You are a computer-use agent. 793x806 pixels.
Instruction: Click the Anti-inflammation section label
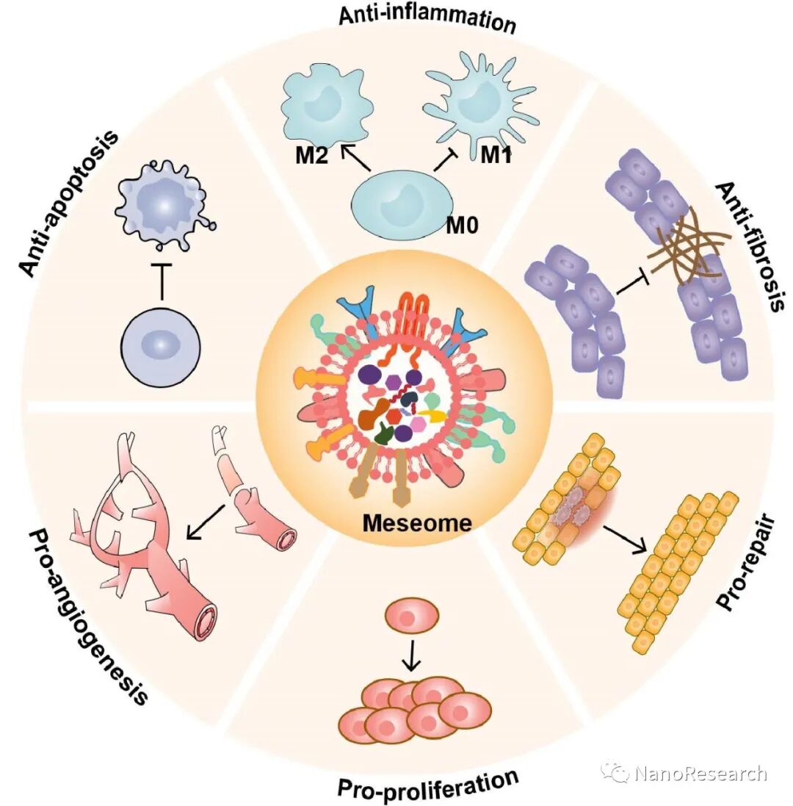427,19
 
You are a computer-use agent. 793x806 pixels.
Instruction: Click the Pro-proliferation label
428,785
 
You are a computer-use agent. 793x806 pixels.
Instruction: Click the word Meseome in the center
416,523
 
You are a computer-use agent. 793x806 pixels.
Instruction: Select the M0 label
463,224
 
